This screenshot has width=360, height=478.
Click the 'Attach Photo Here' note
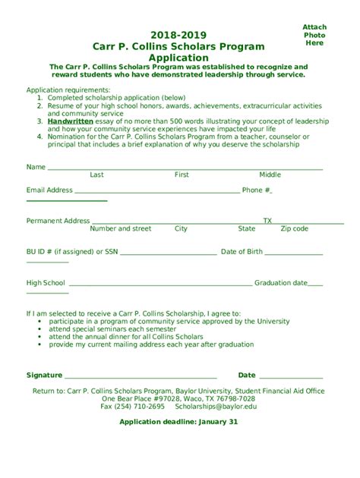click(314, 35)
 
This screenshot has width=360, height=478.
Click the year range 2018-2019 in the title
click(178, 35)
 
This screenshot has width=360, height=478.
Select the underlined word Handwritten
click(70, 121)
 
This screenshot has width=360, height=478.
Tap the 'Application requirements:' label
click(64, 90)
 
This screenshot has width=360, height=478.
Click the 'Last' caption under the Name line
click(96, 175)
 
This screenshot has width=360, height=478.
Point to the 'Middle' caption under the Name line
click(270, 175)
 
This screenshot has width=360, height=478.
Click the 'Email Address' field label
click(49, 190)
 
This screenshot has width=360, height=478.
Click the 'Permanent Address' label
click(58, 221)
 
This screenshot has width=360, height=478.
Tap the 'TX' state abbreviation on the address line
click(267, 221)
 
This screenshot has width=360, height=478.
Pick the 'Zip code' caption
click(295, 228)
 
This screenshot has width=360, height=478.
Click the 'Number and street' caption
click(120, 228)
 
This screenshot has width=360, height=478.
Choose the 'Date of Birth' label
click(242, 252)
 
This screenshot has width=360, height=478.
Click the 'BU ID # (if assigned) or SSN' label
click(72, 252)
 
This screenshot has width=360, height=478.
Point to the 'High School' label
click(46, 283)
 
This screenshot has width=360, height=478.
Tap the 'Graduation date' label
click(281, 283)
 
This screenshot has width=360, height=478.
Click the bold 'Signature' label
click(44, 375)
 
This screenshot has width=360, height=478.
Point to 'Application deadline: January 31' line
click(179, 422)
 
